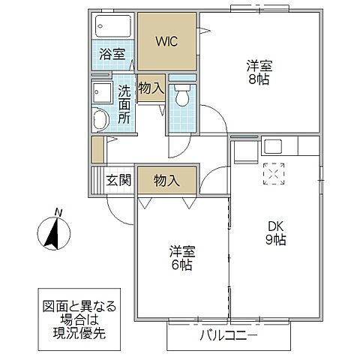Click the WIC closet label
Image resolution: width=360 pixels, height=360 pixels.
point(166,41)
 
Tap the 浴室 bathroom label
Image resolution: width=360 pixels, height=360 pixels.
point(114,55)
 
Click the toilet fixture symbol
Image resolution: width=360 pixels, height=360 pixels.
point(181,97)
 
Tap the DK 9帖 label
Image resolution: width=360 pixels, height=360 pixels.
point(274,233)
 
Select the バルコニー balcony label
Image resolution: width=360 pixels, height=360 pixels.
point(228,335)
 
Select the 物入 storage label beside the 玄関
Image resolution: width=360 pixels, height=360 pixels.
point(166,180)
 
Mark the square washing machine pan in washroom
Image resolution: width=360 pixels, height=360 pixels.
point(100,92)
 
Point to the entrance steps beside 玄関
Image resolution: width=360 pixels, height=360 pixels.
point(95,181)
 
